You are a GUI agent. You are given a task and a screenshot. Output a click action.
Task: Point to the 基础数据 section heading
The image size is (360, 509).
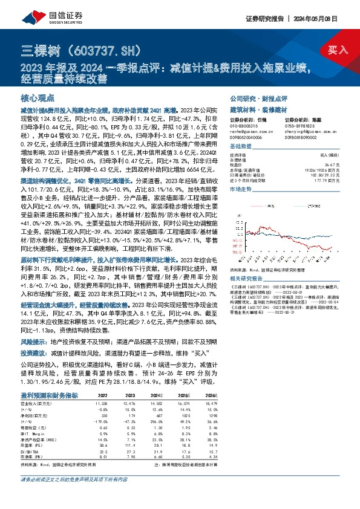pos(241,147)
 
